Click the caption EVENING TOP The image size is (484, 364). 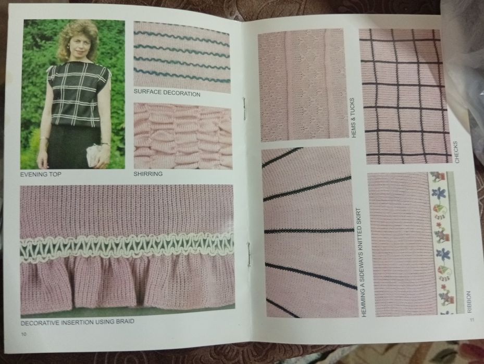click(41, 174)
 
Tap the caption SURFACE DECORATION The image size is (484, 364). click(167, 93)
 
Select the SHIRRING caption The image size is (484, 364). click(148, 174)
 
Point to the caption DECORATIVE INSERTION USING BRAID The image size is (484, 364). click(78, 322)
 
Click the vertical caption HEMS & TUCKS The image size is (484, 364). click(353, 118)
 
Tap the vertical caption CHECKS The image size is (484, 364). click(456, 152)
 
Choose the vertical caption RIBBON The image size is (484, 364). click(469, 302)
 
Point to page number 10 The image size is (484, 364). click(24, 334)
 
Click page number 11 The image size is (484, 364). click(471, 320)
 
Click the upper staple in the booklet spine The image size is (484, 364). click(244, 108)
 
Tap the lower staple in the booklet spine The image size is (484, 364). click(249, 253)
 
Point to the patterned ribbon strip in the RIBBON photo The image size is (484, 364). click(438, 244)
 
